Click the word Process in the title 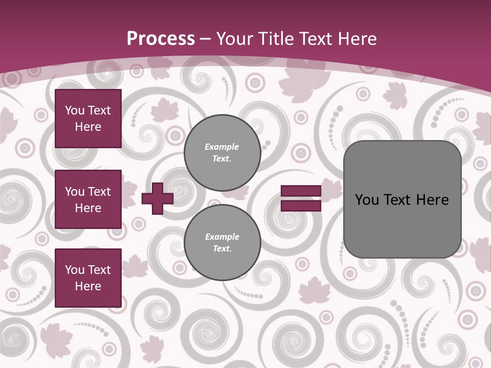[161, 39]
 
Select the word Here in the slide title [356, 39]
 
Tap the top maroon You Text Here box [88, 119]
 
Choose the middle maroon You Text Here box [88, 199]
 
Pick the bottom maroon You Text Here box [88, 278]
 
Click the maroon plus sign [158, 198]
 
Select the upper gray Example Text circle [222, 153]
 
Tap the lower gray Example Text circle [222, 243]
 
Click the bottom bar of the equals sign [301, 206]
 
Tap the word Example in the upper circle [221, 147]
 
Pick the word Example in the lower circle [222, 237]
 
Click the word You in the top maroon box [75, 110]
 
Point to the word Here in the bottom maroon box [88, 286]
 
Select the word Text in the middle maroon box [99, 192]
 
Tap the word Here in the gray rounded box [433, 200]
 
